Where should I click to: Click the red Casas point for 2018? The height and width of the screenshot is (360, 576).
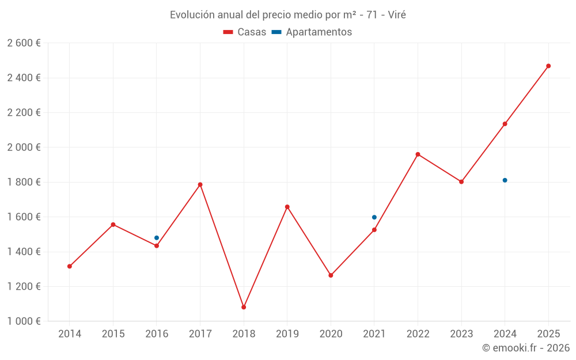[244, 307]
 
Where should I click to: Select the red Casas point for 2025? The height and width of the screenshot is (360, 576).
[548, 66]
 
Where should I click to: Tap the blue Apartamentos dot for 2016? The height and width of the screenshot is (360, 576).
[157, 238]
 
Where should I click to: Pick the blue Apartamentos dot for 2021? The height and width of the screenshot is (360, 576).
[374, 217]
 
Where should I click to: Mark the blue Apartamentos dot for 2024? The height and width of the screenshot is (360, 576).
[505, 180]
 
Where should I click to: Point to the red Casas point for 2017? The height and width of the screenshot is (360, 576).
[200, 184]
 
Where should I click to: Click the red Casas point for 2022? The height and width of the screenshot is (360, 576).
[418, 154]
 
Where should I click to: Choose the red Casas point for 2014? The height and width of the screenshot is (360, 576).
[70, 266]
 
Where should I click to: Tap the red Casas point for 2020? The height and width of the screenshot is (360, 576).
[331, 275]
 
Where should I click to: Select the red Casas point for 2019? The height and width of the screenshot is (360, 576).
[287, 207]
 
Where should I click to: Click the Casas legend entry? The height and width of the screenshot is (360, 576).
[245, 32]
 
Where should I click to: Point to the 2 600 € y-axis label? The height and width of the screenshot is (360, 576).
[24, 43]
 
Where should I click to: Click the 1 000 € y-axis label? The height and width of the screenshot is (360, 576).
[24, 321]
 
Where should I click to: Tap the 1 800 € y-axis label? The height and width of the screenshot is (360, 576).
[24, 182]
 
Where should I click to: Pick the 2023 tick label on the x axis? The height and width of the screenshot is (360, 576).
[461, 334]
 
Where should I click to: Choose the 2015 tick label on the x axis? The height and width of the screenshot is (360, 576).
[113, 334]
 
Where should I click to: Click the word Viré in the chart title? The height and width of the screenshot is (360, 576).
[397, 15]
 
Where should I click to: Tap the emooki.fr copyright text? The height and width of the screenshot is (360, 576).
[526, 348]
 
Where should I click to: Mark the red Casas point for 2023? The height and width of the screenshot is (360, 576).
[461, 181]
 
